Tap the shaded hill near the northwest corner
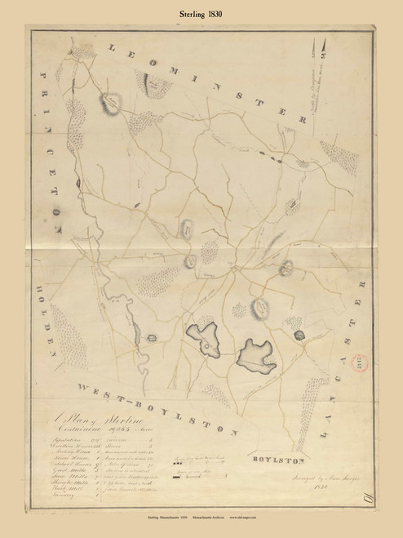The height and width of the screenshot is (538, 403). [111, 102]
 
